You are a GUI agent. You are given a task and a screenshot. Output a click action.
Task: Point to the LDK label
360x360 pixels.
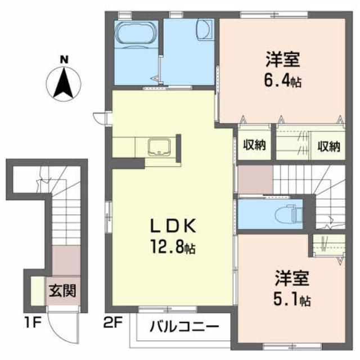pyautogui.click(x=173, y=226)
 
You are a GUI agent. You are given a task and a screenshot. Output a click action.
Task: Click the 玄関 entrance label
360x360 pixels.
pyautogui.click(x=62, y=292)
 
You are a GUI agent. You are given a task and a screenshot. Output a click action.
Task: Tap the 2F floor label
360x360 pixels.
pyautogui.click(x=111, y=325)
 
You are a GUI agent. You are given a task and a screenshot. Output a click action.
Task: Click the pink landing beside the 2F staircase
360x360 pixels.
pyautogui.click(x=254, y=180)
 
